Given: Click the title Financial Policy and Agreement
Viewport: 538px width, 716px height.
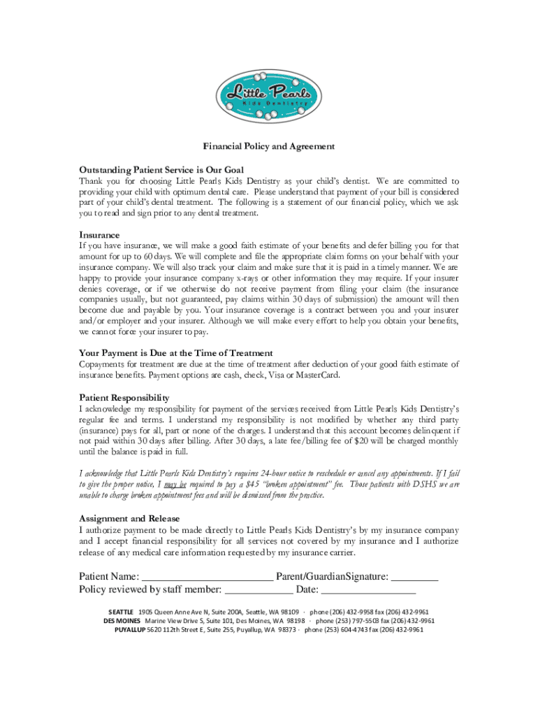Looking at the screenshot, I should tap(269, 147).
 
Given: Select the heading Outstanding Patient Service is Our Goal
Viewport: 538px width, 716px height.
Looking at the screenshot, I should tap(161, 169).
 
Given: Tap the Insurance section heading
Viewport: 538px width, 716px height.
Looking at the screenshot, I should tap(99, 235).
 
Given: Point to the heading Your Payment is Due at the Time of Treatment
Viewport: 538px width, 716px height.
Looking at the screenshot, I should tap(175, 353).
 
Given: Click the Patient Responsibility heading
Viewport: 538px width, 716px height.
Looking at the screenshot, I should tap(124, 397).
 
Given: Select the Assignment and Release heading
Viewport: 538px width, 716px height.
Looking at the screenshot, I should tap(129, 519).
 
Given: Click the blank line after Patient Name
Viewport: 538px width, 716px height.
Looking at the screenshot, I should tap(208, 577).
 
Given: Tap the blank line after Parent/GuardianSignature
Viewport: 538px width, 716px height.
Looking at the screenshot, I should tap(414, 577).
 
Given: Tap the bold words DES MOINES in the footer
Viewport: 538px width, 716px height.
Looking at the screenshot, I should tap(122, 620).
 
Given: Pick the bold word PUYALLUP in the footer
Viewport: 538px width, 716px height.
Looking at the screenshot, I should tap(129, 629).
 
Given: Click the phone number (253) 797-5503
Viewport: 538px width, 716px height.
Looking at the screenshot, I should tap(347, 620).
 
